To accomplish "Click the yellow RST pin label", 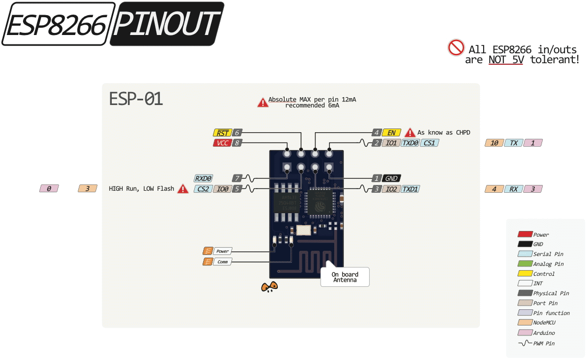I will click(x=222, y=133).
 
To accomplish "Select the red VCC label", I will click(x=222, y=143).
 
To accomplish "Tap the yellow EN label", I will click(x=391, y=133).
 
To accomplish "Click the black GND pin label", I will click(x=392, y=178).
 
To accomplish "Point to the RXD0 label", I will click(x=203, y=178).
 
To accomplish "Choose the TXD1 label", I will click(x=410, y=189).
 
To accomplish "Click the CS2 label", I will click(x=203, y=189).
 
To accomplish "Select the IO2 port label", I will click(x=391, y=189).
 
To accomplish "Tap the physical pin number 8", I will click(x=237, y=143).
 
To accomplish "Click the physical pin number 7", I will click(x=237, y=178).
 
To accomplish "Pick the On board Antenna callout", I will click(x=345, y=277).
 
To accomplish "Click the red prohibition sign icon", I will click(x=456, y=48).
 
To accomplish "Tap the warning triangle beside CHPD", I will click(x=410, y=133).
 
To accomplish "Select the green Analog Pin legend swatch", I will click(x=524, y=264).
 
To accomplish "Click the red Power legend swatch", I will click(x=524, y=235).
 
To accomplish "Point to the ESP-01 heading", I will click(x=136, y=99).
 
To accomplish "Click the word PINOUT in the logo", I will click(x=167, y=24).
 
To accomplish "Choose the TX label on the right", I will click(x=514, y=143).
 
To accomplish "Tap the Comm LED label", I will click(x=222, y=261).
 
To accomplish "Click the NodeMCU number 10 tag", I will click(x=494, y=143).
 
